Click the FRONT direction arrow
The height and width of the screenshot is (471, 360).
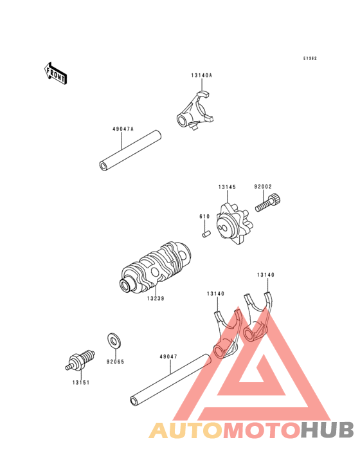[55, 73]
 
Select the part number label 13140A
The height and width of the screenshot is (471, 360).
[201, 75]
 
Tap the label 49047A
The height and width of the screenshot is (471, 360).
[123, 129]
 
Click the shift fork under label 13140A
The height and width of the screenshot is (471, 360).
[195, 111]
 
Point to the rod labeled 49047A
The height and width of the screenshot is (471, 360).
[130, 150]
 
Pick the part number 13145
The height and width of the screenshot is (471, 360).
[227, 187]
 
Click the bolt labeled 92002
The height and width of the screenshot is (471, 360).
[268, 203]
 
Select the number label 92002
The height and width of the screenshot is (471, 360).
[263, 187]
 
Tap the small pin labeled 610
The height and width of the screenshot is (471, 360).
[206, 234]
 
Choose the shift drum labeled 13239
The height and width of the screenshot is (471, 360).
[155, 267]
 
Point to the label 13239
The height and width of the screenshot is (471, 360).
[156, 299]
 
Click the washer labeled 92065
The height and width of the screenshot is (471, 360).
[114, 340]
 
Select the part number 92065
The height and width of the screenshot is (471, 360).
[115, 362]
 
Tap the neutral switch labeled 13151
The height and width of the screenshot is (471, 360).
[80, 360]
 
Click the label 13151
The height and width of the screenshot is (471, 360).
[81, 383]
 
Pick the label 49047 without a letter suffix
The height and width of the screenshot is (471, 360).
[168, 357]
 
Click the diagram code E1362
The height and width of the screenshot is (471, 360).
[310, 59]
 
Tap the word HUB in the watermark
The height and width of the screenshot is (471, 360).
[327, 430]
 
